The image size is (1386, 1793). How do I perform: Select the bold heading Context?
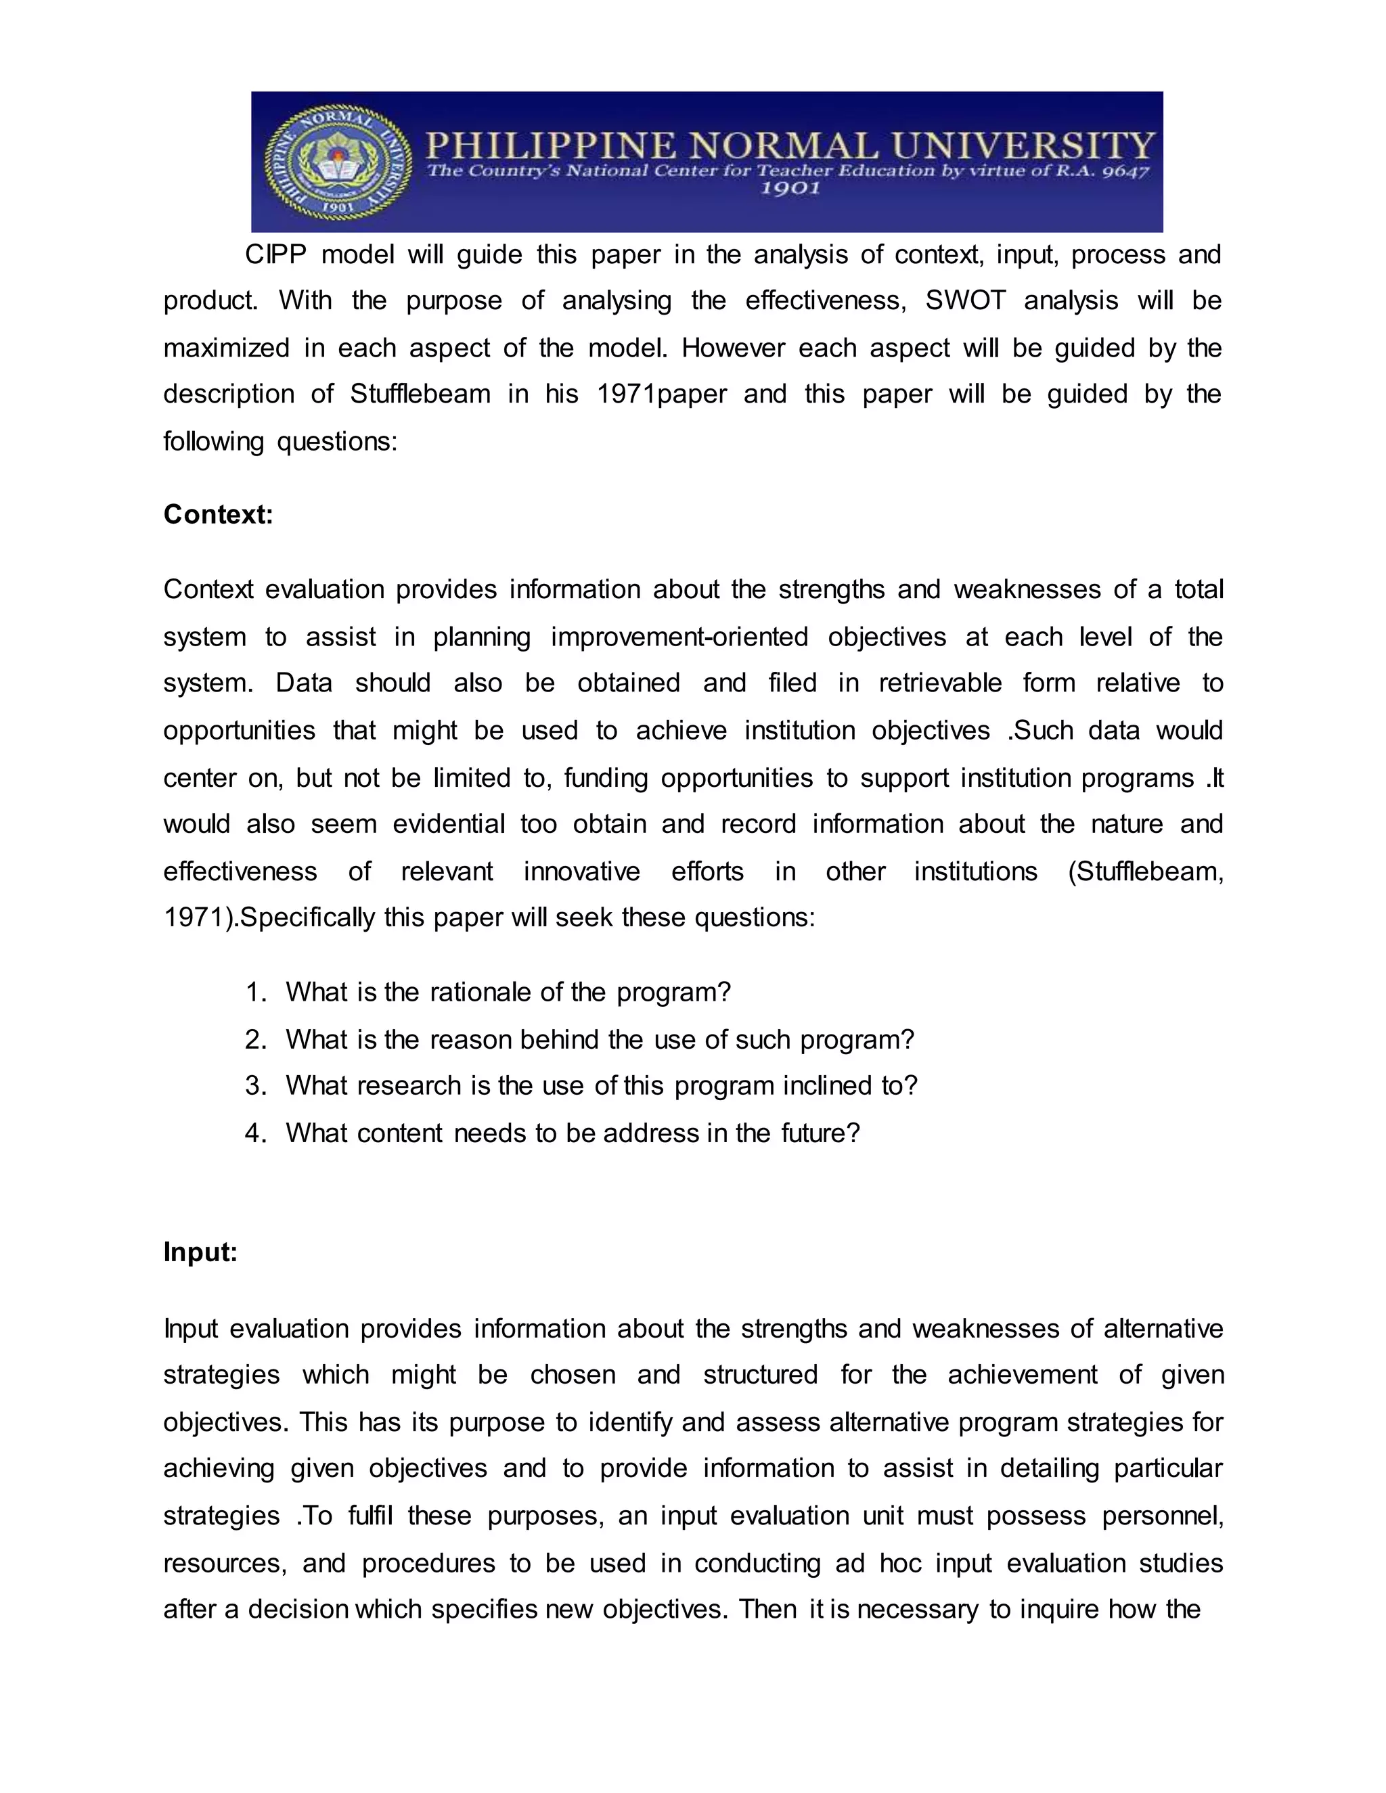(x=218, y=515)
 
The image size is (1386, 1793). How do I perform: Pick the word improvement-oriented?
(x=679, y=637)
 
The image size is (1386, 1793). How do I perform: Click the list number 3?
(x=254, y=1086)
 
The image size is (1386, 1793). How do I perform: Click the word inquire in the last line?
(x=1059, y=1609)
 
